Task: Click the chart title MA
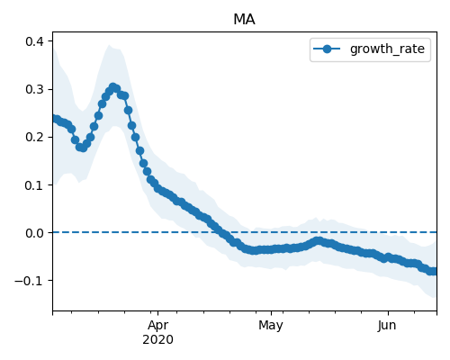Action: coord(244,20)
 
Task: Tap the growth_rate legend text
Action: coord(387,49)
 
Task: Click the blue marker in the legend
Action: coord(327,49)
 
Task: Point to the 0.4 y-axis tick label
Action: coord(35,41)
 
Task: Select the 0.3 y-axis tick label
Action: coord(35,89)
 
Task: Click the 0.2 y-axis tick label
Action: coord(35,137)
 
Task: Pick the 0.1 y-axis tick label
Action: coord(35,185)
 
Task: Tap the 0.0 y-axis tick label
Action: coord(35,233)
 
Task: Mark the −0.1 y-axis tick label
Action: coord(30,281)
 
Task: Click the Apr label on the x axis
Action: coord(157,325)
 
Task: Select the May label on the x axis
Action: coord(271,325)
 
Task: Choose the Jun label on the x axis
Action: coord(387,325)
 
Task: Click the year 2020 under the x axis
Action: coord(157,339)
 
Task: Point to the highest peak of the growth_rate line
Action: coord(112,87)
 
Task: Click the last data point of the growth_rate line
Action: coord(434,271)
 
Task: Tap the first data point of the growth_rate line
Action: coord(55,119)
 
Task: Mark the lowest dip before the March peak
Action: coord(83,148)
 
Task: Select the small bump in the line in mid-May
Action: coord(319,240)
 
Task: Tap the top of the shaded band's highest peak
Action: coord(110,45)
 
